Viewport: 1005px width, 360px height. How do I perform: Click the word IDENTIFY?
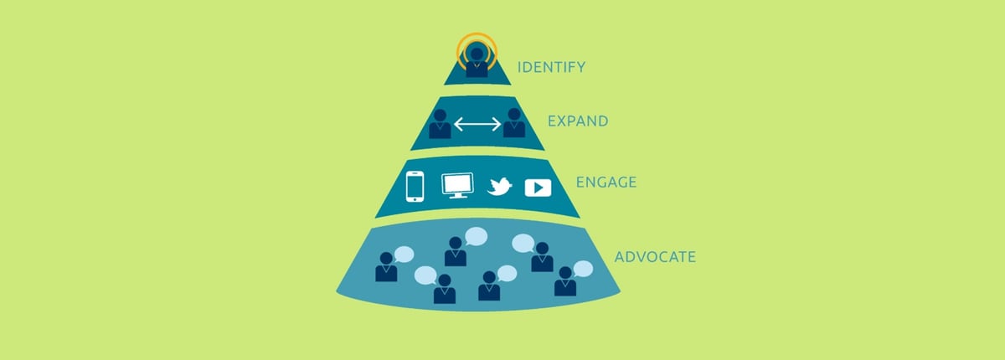551,67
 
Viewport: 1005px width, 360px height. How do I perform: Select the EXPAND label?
578,121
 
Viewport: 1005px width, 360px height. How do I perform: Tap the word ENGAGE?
606,182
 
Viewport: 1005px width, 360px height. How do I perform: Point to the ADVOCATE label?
655,257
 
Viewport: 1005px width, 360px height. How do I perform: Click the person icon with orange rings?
477,63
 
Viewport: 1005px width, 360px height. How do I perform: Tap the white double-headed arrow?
477,124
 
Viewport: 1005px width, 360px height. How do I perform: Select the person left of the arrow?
441,124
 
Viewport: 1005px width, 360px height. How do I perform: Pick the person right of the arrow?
514,122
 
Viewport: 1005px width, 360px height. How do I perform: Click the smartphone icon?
415,187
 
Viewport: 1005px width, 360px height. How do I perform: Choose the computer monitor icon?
457,185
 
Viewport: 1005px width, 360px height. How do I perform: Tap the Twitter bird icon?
500,186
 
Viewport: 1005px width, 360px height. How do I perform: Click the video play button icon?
538,188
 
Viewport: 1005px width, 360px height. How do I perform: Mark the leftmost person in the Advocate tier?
386,267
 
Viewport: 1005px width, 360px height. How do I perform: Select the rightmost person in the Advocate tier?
565,281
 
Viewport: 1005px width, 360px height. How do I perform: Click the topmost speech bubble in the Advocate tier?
476,236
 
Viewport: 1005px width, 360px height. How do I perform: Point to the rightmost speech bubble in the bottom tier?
583,269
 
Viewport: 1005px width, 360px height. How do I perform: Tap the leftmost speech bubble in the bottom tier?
404,255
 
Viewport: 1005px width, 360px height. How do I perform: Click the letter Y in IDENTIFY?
580,67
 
